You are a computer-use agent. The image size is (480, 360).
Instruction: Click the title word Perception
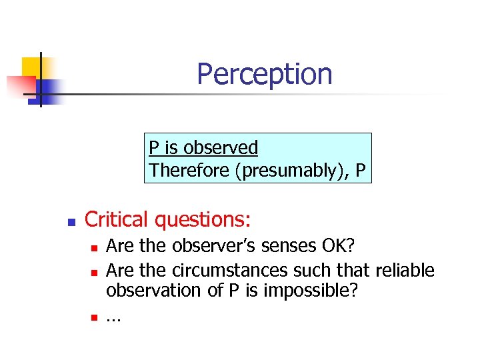(264, 73)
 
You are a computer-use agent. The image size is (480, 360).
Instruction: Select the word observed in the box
(221, 147)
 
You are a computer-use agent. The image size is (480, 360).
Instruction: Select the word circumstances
(234, 270)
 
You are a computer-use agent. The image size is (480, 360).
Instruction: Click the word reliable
(405, 270)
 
